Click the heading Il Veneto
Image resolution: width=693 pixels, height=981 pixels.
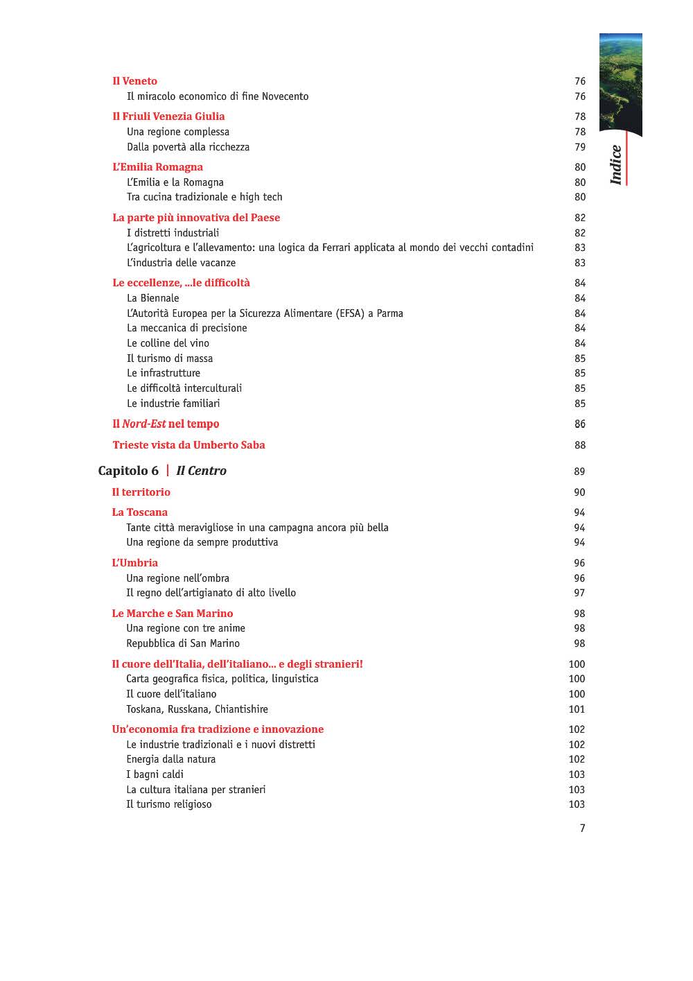[x=134, y=81]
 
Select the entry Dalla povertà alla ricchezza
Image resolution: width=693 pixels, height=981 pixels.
[x=188, y=147]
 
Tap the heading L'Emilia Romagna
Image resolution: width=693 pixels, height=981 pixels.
[x=157, y=167]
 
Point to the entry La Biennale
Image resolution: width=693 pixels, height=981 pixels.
[x=152, y=298]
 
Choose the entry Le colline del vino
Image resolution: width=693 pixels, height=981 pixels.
[x=168, y=343]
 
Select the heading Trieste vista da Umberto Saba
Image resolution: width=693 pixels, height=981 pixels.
[x=188, y=445]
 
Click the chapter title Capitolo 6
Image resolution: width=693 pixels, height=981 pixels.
[x=128, y=471]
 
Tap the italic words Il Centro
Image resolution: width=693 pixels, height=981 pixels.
[x=201, y=471]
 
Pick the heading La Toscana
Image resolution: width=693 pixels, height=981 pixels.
[x=139, y=512]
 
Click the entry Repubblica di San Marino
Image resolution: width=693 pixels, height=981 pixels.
[x=182, y=643]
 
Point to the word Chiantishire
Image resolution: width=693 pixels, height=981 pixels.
[x=241, y=709]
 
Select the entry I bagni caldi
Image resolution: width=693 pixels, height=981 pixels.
[x=155, y=774]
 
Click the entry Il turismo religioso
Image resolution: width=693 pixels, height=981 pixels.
[x=168, y=804]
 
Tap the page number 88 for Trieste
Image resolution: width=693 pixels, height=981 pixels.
[x=580, y=445]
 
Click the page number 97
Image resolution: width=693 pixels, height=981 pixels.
[x=579, y=593]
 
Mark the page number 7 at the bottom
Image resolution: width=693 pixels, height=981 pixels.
[x=582, y=828]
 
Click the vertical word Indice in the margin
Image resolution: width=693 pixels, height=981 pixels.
[x=616, y=165]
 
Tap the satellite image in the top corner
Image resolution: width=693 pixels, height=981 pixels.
[x=620, y=83]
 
